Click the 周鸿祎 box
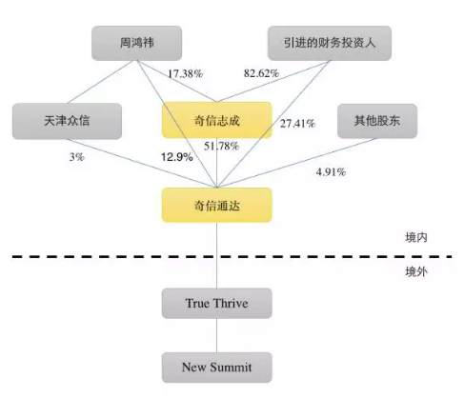click(x=136, y=43)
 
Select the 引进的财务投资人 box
click(x=330, y=43)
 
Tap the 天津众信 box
click(x=67, y=121)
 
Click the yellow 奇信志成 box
click(x=217, y=120)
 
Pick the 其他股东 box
click(x=377, y=121)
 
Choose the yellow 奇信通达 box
click(x=217, y=206)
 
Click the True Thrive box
click(x=217, y=303)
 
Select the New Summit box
click(x=217, y=368)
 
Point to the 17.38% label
click(x=185, y=74)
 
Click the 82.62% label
click(x=261, y=73)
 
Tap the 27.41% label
click(x=297, y=124)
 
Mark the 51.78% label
click(x=221, y=146)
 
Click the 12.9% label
click(x=177, y=157)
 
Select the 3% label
click(x=77, y=157)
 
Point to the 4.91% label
click(x=331, y=172)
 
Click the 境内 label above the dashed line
click(x=416, y=237)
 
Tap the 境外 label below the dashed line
click(x=416, y=271)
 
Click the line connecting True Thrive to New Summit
click(x=217, y=335)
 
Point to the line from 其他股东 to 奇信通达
click(x=297, y=163)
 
